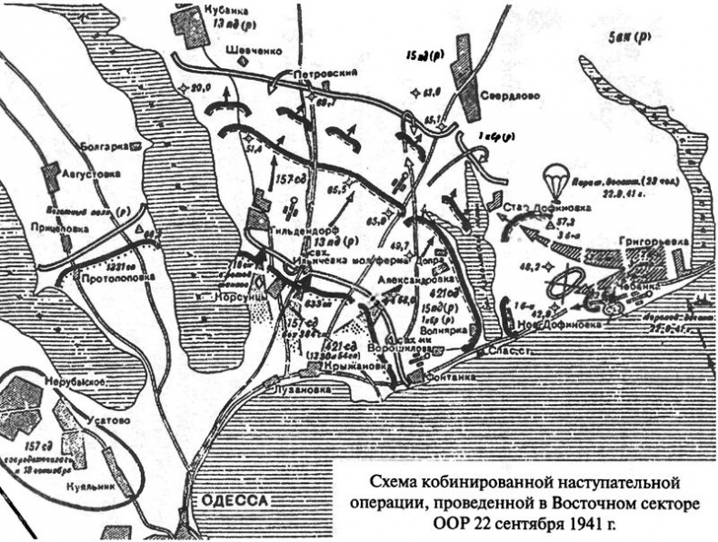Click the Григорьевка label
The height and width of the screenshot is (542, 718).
(650, 242)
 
